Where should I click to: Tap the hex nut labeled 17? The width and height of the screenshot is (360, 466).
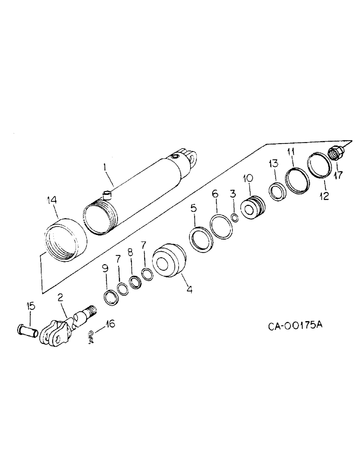(336, 153)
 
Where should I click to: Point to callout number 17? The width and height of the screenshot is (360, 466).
(339, 175)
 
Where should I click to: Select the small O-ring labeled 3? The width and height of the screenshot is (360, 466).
(236, 218)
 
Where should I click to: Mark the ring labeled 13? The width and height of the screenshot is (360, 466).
(275, 192)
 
